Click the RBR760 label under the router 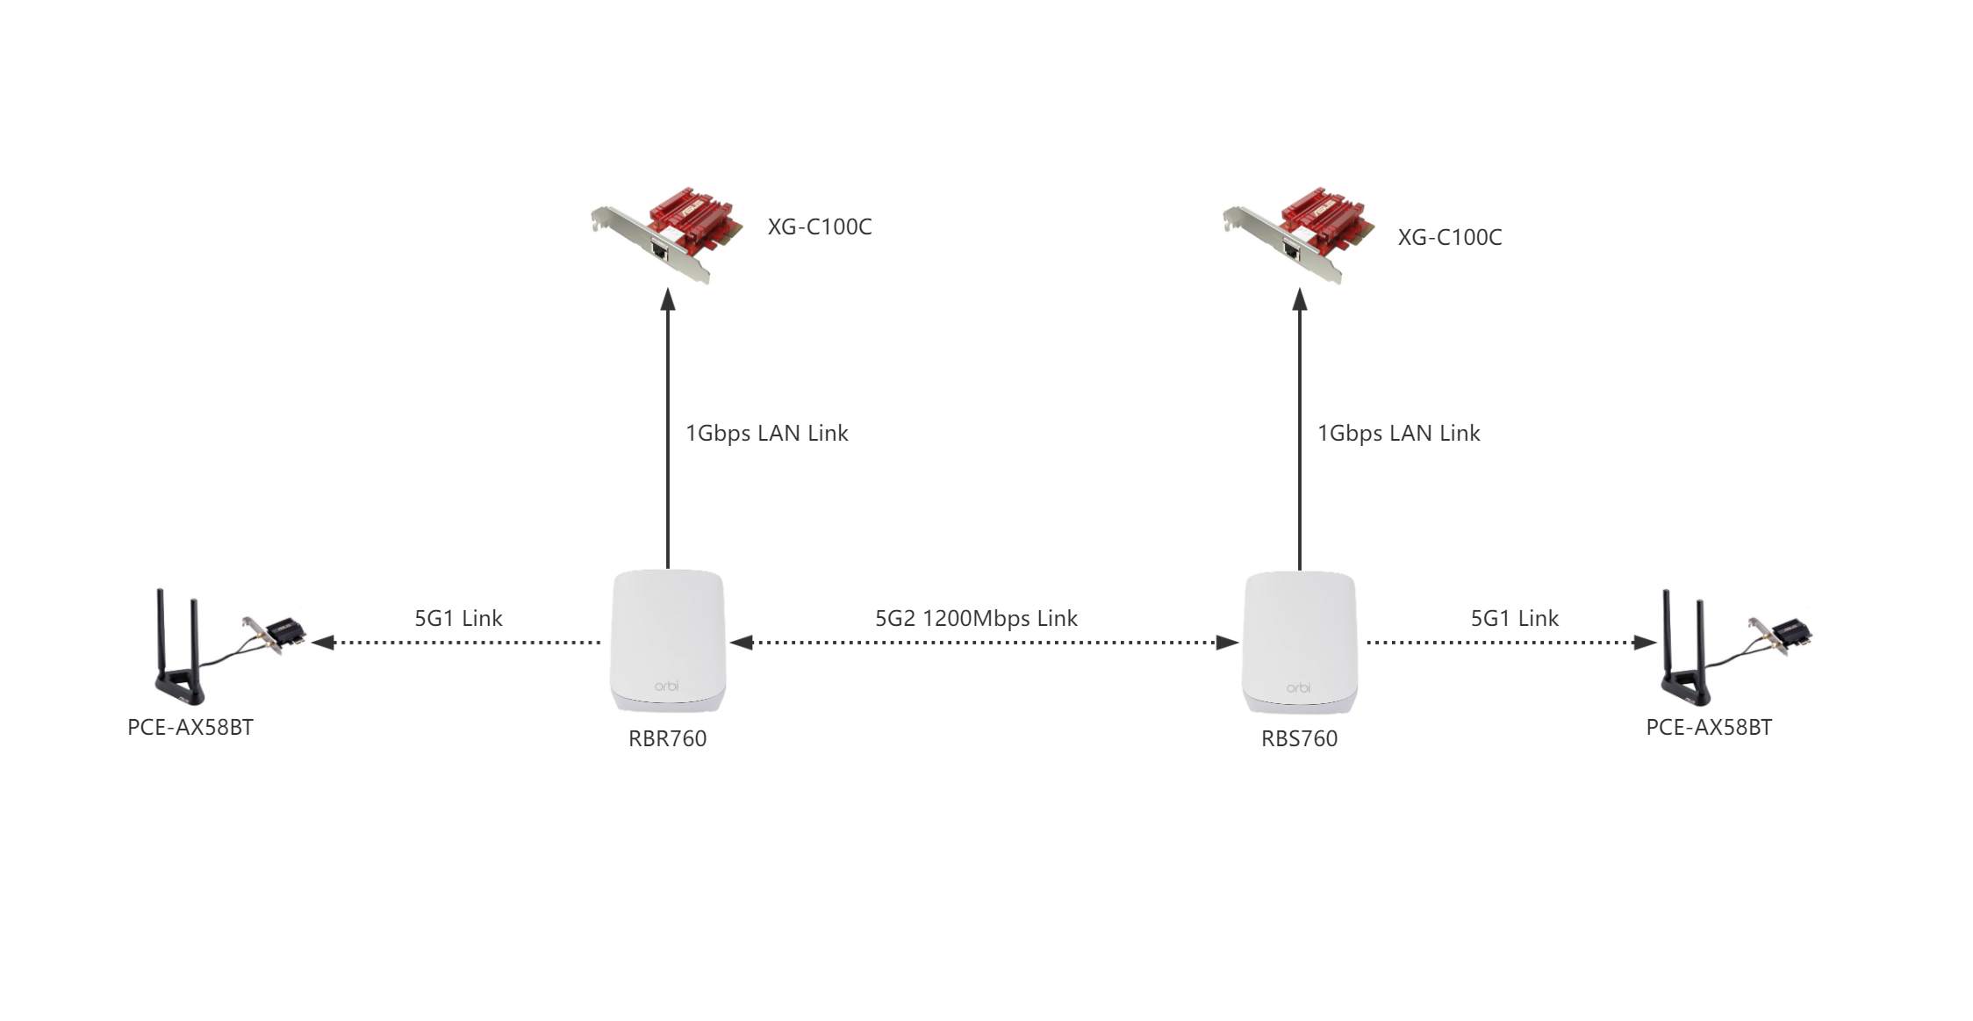tap(667, 738)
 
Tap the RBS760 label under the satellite tap(1299, 738)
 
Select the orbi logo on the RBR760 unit tap(666, 686)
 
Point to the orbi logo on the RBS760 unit tap(1298, 687)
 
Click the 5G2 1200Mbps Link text tap(976, 618)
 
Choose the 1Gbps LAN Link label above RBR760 tap(766, 433)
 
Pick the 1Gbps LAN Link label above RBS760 tap(1398, 433)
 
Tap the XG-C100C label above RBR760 tap(820, 226)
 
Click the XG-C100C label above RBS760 tap(1450, 237)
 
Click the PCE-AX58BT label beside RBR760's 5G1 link tap(190, 727)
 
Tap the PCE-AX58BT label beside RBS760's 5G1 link tap(1709, 727)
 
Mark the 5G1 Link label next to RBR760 tap(458, 618)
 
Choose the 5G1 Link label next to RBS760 tap(1515, 618)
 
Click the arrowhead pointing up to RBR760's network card tap(668, 300)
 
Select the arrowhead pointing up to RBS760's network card tap(1300, 300)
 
